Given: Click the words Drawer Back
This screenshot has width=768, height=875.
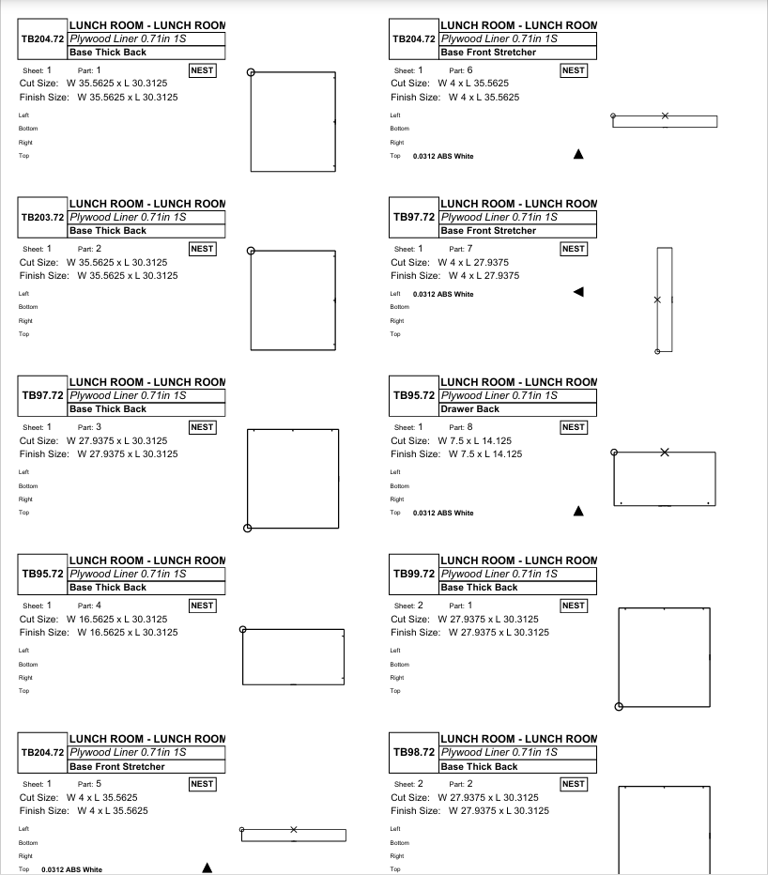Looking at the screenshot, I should (x=469, y=409).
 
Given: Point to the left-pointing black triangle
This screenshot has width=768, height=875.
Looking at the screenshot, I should (x=578, y=293).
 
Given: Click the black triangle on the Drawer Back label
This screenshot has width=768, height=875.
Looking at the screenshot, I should (x=578, y=512).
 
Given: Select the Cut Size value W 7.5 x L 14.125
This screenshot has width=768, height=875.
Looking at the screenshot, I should (x=480, y=440).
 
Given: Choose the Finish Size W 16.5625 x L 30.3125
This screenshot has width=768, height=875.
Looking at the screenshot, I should (x=127, y=632).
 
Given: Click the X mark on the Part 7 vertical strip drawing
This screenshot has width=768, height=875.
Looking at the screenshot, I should (x=657, y=299).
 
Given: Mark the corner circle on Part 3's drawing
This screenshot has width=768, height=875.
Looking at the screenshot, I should (x=248, y=528).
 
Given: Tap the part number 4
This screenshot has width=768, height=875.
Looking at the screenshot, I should (x=99, y=605).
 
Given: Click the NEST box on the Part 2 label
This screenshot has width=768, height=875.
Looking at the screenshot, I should (x=202, y=249).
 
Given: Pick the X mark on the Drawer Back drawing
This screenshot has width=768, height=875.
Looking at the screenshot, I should (x=665, y=453).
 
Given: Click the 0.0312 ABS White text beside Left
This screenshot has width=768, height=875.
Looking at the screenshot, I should (x=443, y=294).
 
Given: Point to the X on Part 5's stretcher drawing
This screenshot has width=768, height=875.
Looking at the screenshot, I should (x=294, y=829).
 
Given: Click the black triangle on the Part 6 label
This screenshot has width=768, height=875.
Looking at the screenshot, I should (x=578, y=154).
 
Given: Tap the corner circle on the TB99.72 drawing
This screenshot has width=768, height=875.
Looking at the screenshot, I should (x=619, y=706).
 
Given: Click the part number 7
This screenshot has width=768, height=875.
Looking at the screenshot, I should (x=469, y=248).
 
